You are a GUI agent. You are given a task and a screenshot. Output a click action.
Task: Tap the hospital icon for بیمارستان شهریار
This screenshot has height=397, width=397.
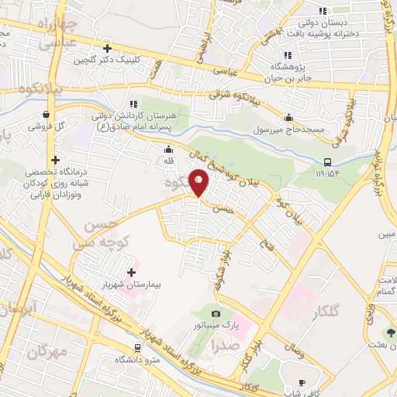pyautogui.click(x=130, y=271)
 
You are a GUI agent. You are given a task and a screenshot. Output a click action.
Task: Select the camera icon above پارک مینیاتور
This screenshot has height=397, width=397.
pyautogui.click(x=215, y=313)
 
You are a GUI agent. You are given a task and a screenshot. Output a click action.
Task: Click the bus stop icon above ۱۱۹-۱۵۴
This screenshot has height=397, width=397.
pyautogui.click(x=329, y=162)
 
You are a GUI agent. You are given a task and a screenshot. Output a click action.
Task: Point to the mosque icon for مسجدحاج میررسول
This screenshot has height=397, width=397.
pyautogui.click(x=289, y=118)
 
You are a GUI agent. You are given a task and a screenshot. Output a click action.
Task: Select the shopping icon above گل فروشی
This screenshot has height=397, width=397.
pyautogui.click(x=47, y=114)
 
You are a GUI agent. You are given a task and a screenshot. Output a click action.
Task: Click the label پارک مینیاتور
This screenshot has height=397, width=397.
pyautogui.click(x=215, y=326)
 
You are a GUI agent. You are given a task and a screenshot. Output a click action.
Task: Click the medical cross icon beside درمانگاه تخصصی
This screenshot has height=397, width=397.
pyautogui.click(x=55, y=159)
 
